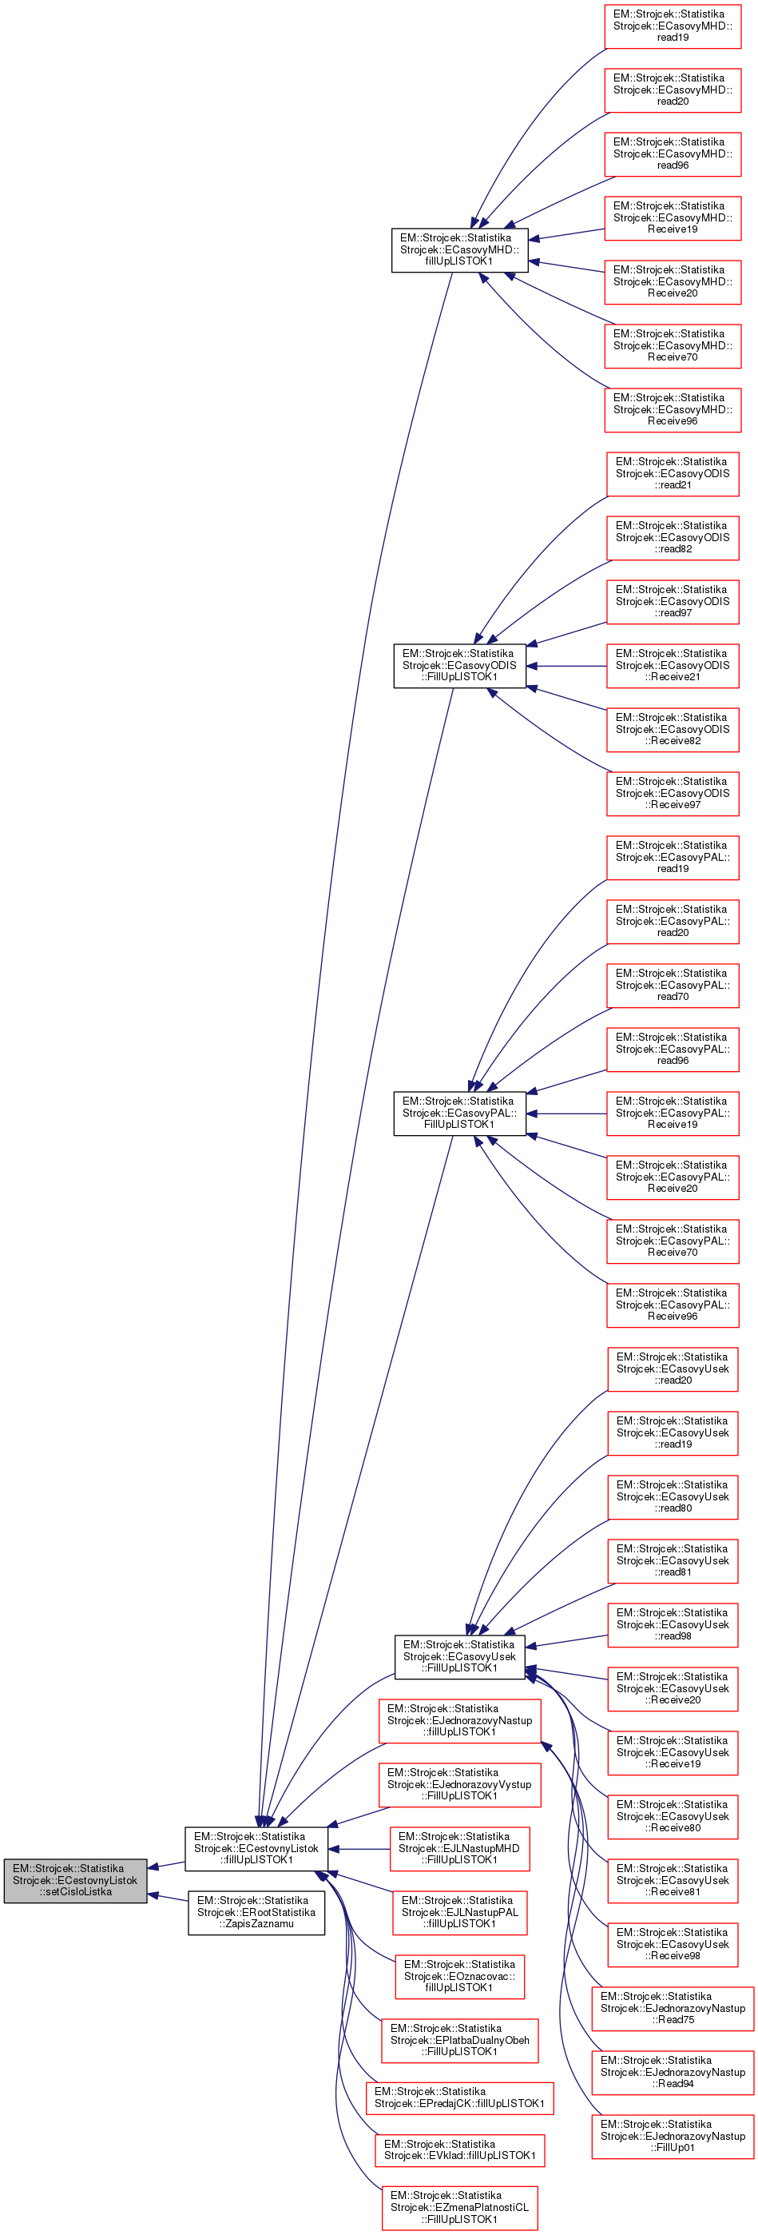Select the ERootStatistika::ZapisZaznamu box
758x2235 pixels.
pos(256,1911)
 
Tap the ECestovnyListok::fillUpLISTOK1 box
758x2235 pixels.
pos(256,1848)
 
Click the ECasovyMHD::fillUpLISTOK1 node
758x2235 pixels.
pos(458,249)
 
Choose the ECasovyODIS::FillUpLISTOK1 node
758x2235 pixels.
pos(458,666)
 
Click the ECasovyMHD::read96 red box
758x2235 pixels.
pos(673,153)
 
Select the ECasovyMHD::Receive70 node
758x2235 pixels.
pos(673,345)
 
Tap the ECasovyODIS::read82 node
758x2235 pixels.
pos(673,537)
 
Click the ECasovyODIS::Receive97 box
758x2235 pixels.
pos(673,793)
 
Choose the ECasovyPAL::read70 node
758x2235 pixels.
pos(673,985)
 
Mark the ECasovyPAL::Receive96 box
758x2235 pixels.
pos(673,1304)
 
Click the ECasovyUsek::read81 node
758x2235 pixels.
pos(673,1560)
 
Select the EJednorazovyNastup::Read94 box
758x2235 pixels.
pos(673,2072)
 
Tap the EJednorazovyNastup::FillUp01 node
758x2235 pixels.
pos(673,2136)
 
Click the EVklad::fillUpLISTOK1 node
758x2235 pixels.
pos(458,2149)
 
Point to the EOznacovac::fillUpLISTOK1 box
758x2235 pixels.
pos(458,1975)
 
